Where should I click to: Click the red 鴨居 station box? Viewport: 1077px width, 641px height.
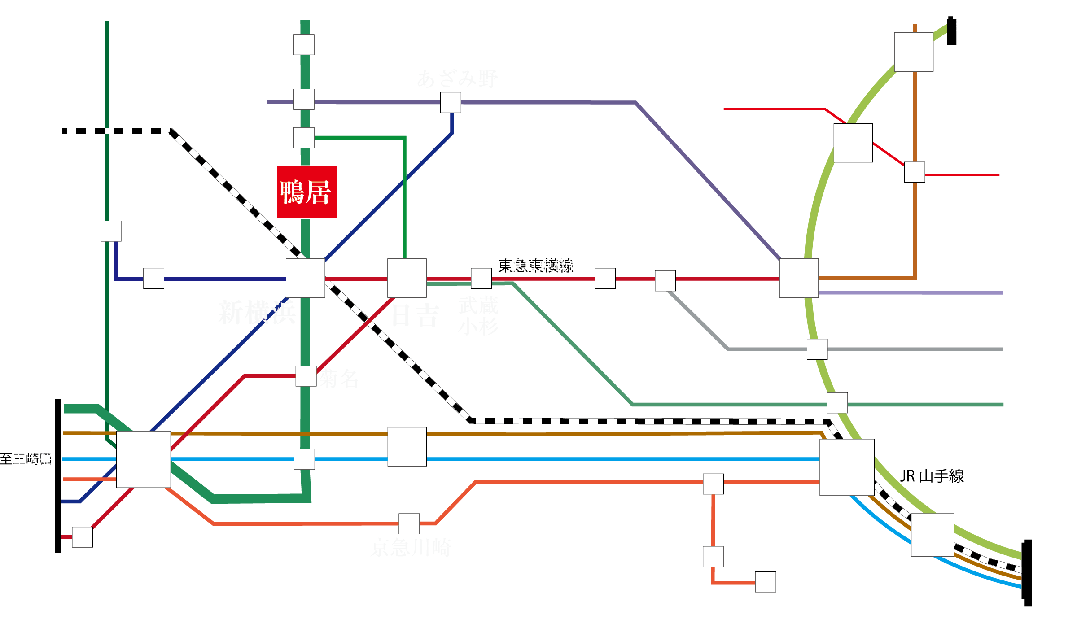306,192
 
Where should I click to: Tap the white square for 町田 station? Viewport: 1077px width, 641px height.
304,45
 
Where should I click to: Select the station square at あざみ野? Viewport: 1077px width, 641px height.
450,102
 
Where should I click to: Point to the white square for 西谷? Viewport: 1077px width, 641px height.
111,231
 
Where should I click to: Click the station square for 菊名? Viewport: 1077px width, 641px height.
306,376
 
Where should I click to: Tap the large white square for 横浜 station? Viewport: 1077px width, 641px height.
144,459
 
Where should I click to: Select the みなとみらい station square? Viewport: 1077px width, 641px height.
83,537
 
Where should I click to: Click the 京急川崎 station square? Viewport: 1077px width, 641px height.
409,523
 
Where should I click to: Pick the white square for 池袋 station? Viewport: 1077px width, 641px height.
914,52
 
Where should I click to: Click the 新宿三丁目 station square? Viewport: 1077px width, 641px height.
915,172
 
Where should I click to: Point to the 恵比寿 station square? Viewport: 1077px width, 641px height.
817,349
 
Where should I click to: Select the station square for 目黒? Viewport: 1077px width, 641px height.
837,402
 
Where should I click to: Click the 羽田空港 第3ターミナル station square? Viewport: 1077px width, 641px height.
713,556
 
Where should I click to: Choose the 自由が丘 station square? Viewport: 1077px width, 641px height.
605,279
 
